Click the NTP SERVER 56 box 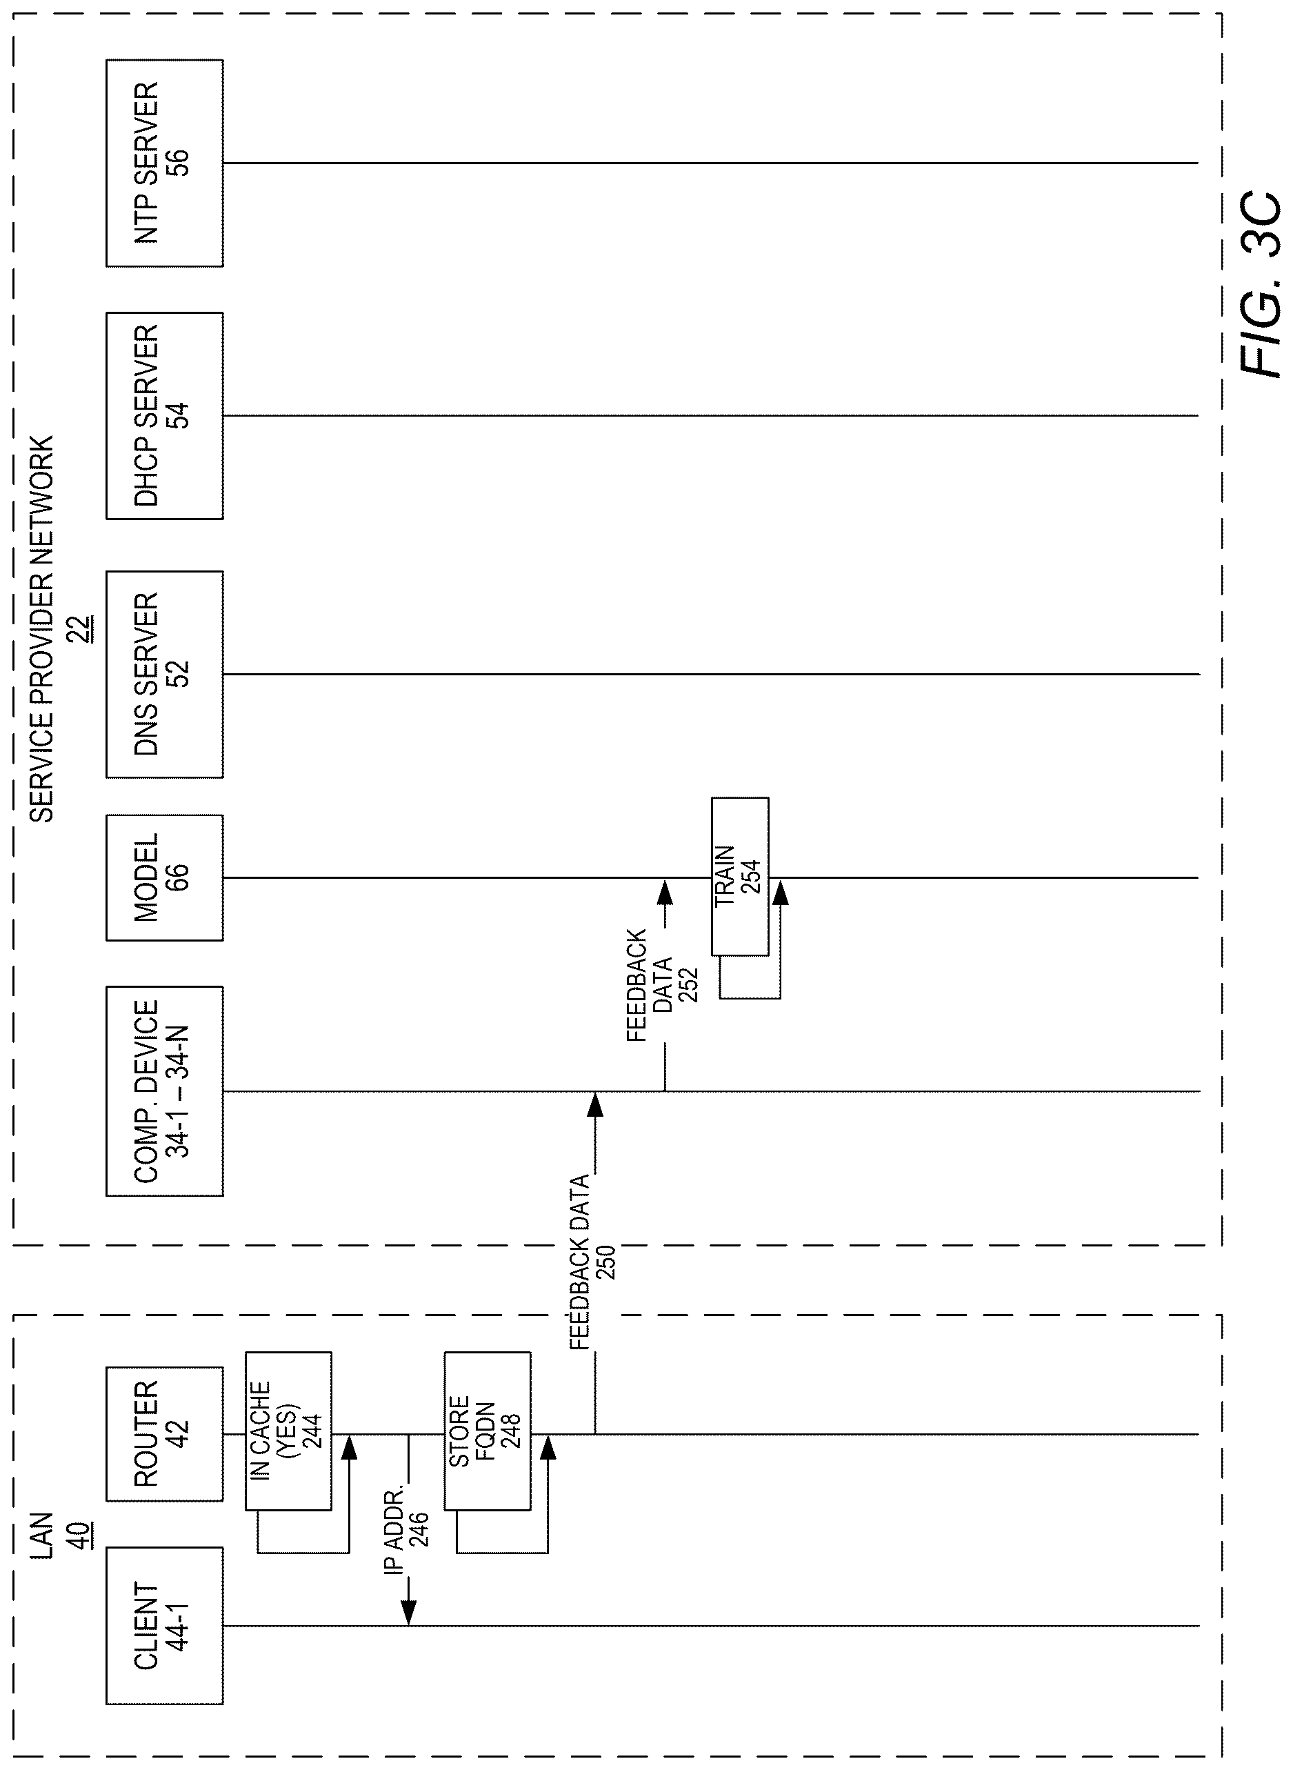[164, 163]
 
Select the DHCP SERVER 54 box [164, 416]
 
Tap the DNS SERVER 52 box [164, 674]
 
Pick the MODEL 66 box [164, 877]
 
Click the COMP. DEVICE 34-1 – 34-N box [164, 1091]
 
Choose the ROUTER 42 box [164, 1434]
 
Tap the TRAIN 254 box [740, 876]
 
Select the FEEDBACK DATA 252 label [662, 985]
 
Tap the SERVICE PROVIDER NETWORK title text [41, 628]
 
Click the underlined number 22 [82, 628]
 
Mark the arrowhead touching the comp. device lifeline [595, 1104]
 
